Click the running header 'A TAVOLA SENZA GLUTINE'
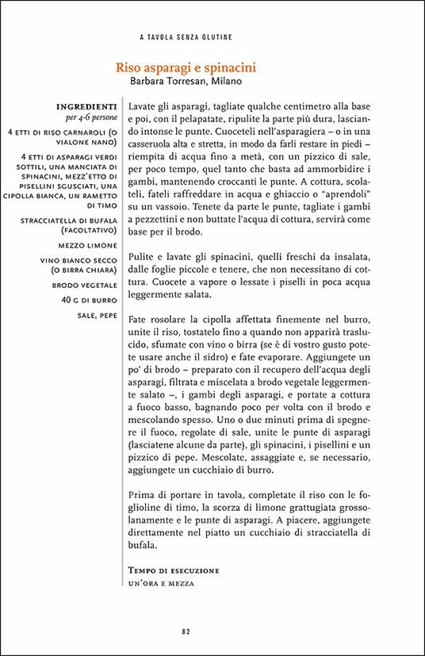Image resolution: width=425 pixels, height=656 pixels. point(185,36)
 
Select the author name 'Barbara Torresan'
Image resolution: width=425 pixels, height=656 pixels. point(166,81)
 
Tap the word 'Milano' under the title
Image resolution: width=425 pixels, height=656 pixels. point(223,81)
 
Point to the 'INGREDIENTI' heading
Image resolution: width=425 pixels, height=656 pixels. point(87,105)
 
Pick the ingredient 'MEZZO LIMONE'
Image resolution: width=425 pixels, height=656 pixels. point(90,247)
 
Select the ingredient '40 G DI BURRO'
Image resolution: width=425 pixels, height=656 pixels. point(90,301)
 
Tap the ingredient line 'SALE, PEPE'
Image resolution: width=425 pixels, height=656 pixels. point(97,315)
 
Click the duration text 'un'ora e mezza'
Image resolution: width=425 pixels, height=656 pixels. point(160,583)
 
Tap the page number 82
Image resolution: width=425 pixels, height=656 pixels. point(185,631)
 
